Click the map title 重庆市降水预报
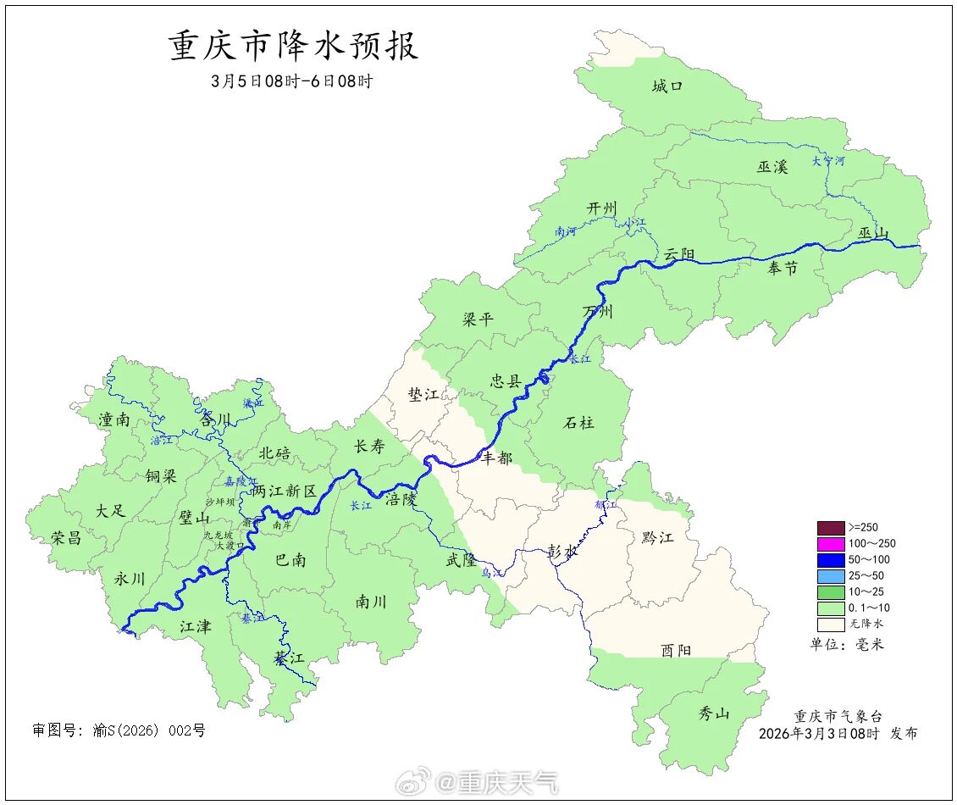click(294, 47)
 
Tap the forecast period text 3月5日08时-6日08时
click(292, 82)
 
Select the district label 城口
click(667, 86)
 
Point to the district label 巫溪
click(772, 167)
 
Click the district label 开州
click(602, 209)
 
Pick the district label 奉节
click(782, 269)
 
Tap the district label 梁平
click(478, 319)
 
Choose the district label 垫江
click(423, 396)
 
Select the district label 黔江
click(657, 536)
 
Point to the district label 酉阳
click(676, 650)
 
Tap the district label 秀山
click(713, 713)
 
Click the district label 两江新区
click(284, 491)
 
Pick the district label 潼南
click(114, 419)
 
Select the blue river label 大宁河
click(827, 160)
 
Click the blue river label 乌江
click(492, 574)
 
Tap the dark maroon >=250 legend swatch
click(830, 528)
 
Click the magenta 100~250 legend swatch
click(830, 544)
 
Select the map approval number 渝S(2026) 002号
click(119, 730)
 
